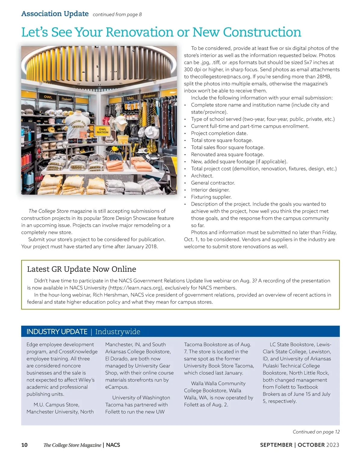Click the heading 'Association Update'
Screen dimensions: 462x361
point(55,14)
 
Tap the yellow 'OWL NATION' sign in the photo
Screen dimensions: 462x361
point(103,131)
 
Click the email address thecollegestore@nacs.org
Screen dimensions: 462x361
point(220,76)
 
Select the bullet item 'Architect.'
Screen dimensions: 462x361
point(202,176)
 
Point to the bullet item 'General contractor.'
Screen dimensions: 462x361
point(213,183)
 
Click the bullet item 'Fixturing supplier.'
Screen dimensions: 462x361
point(211,197)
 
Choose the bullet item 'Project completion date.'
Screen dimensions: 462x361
point(219,133)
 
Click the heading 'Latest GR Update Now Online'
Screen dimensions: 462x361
point(82,269)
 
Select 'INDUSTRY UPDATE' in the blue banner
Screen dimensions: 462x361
point(57,332)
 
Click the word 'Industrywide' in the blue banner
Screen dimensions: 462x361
point(118,332)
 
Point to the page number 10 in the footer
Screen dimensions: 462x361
point(24,445)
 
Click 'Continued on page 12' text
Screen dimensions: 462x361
point(316,432)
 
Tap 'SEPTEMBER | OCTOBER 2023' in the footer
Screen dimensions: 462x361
point(299,445)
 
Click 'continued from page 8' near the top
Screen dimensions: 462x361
point(117,14)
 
